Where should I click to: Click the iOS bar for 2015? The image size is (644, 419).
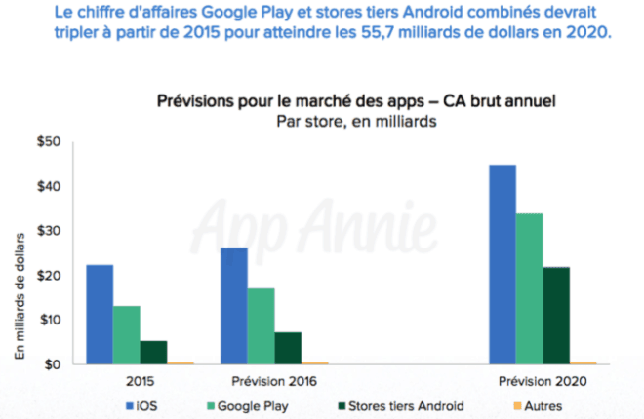tap(100, 315)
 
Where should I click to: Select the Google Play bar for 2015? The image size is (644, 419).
tap(127, 335)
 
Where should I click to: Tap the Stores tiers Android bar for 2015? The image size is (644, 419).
tap(154, 352)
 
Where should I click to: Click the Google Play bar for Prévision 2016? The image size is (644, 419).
tap(262, 326)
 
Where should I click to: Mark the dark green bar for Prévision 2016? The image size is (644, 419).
tap(288, 348)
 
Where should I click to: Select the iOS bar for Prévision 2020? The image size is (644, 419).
tap(503, 264)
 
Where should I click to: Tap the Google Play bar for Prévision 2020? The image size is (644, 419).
tap(529, 288)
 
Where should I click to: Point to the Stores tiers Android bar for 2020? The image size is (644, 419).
tap(556, 315)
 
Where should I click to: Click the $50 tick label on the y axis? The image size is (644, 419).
tap(49, 142)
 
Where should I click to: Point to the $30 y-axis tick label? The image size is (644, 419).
tap(49, 231)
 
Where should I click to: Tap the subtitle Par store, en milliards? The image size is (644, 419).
tap(355, 121)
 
